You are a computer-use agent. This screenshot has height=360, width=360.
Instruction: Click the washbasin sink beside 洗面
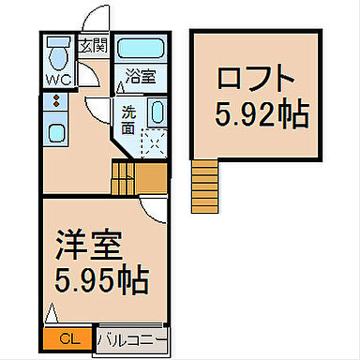(x=157, y=112)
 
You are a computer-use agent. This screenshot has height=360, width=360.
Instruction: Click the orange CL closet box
(x=66, y=337)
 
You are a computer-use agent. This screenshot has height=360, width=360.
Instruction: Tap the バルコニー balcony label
(x=130, y=338)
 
